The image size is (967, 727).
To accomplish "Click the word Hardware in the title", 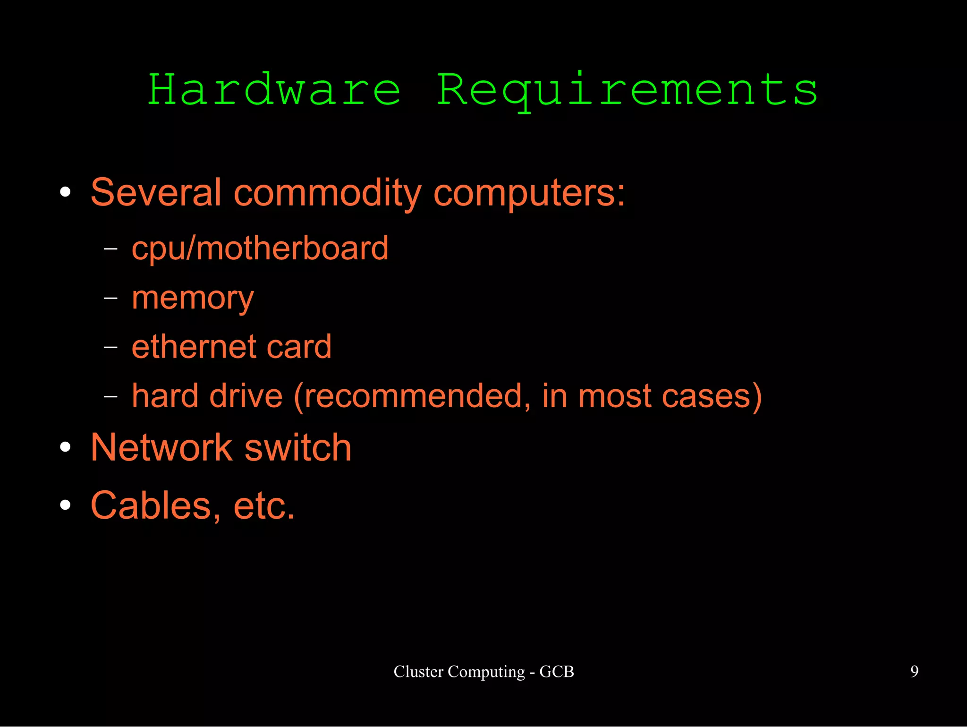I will pyautogui.click(x=274, y=90).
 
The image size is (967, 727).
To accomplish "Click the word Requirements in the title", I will pyautogui.click(x=627, y=90).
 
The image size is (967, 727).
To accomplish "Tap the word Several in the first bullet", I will pyautogui.click(x=156, y=193).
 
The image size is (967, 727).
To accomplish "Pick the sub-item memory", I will pyautogui.click(x=193, y=299).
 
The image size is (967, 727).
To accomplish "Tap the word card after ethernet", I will pyautogui.click(x=299, y=347).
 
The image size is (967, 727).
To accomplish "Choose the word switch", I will pyautogui.click(x=298, y=447).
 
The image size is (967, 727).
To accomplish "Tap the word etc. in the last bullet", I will pyautogui.click(x=264, y=505).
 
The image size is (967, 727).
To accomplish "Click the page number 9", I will pyautogui.click(x=914, y=671).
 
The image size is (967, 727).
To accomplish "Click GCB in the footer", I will pyautogui.click(x=557, y=671).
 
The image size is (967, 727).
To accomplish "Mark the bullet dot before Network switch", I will pyautogui.click(x=66, y=447).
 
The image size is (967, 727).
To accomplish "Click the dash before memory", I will pyautogui.click(x=110, y=299).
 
